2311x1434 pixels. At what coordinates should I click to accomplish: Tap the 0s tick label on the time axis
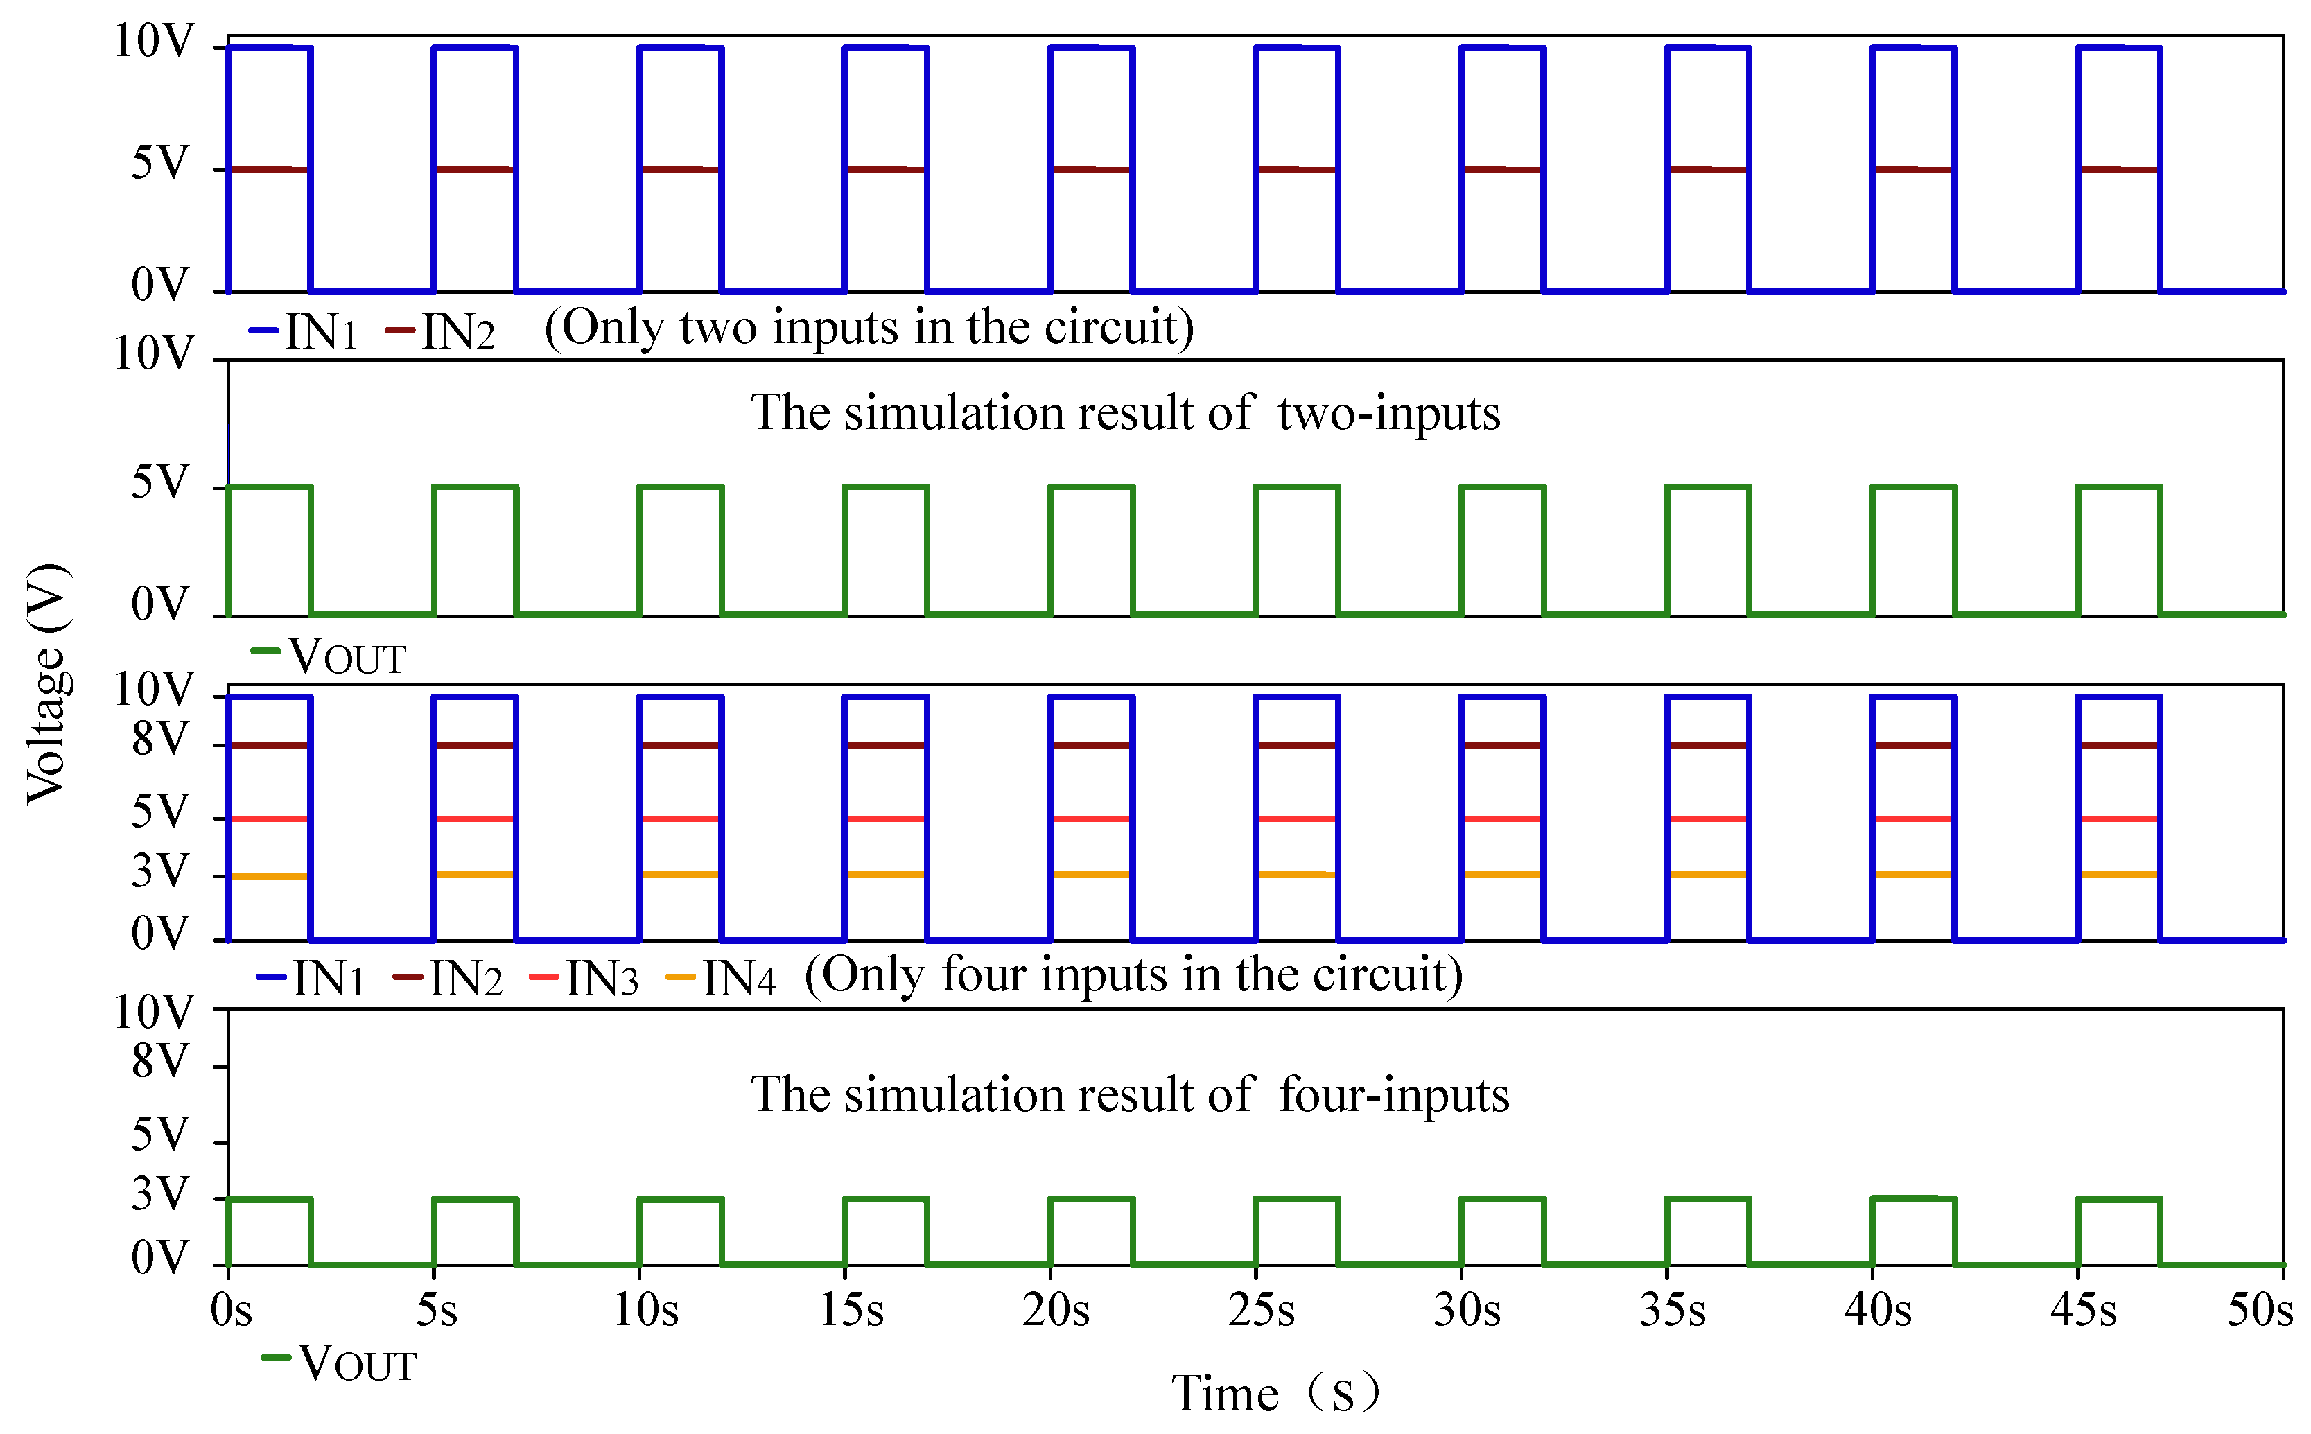coord(230,1311)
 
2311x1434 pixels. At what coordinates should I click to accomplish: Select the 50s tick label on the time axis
coord(2260,1311)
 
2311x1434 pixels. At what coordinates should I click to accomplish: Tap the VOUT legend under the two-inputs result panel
coord(329,656)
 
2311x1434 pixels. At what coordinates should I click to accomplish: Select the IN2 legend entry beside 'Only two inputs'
coord(440,332)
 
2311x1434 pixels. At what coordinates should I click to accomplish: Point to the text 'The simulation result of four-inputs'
coord(1128,1094)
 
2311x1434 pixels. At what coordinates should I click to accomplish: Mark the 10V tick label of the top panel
coord(154,42)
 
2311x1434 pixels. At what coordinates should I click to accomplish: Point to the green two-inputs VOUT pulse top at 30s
coord(1503,487)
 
